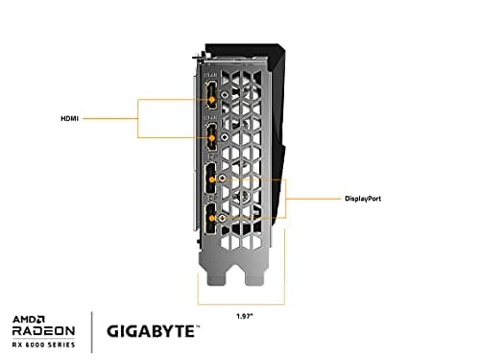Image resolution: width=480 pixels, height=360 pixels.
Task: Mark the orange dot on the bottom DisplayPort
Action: click(x=211, y=219)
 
